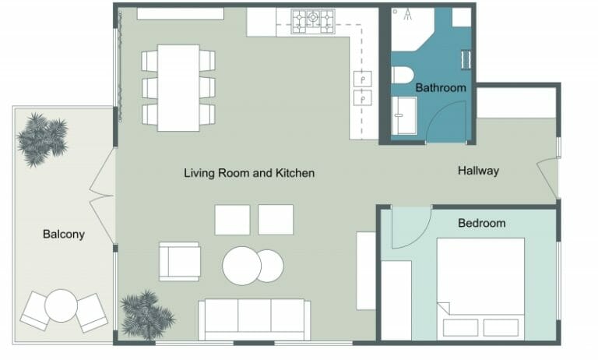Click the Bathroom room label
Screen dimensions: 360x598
click(440, 88)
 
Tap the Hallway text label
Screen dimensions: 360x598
click(478, 171)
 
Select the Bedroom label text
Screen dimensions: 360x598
click(481, 223)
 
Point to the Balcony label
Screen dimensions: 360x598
click(63, 234)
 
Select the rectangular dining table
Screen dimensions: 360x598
click(178, 87)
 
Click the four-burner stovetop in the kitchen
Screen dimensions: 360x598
click(312, 21)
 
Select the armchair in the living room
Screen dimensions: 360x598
click(179, 261)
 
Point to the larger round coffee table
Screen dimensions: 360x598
click(241, 266)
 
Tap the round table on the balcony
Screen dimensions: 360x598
click(60, 305)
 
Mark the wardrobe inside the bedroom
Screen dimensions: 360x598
click(396, 299)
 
